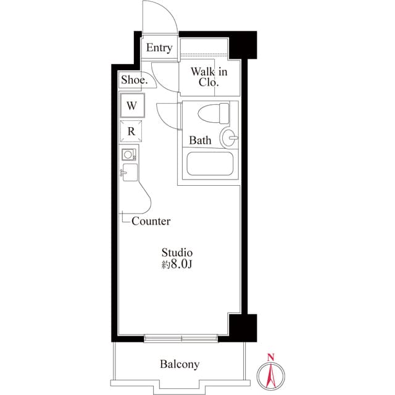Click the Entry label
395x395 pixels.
coord(159,48)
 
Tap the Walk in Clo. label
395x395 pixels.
coord(209,77)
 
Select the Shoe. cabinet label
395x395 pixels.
coord(134,80)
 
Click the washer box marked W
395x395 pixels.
coord(131,105)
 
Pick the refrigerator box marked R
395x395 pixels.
coord(131,131)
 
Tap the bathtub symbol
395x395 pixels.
coord(210,165)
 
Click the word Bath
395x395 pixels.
coord(200,141)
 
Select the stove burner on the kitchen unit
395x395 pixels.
coord(129,154)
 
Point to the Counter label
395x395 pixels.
coord(151,221)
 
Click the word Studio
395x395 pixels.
coord(177,252)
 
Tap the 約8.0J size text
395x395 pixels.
coord(177,265)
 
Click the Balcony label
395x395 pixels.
coord(180,364)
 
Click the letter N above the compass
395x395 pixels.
coord(270,357)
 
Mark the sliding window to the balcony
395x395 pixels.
coord(181,338)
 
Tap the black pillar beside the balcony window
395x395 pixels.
coord(241,326)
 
